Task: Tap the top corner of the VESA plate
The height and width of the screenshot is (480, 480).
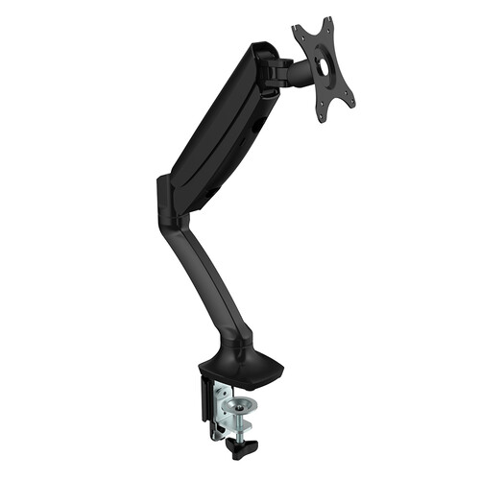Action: [325, 21]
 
